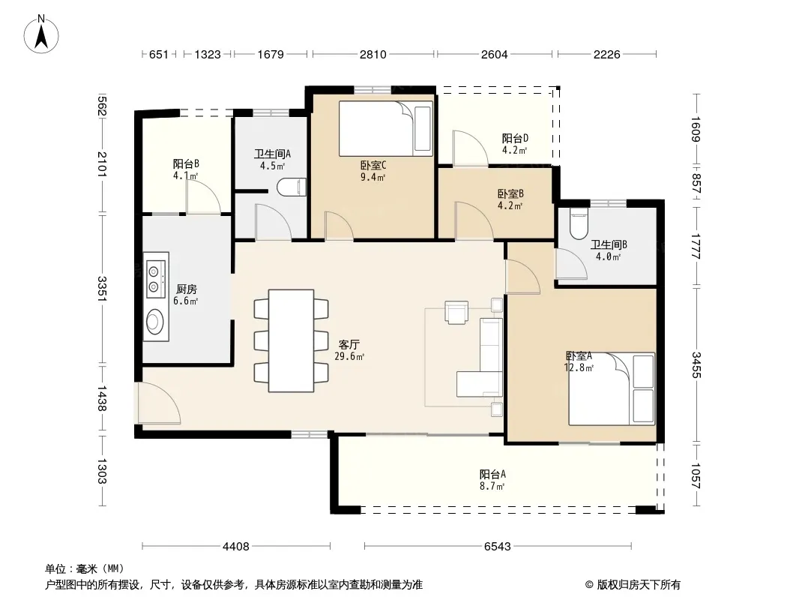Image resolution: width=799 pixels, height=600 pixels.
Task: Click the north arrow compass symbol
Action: tap(41, 34)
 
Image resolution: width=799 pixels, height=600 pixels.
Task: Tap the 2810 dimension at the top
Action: tap(373, 54)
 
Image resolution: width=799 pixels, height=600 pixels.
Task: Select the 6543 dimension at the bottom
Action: tap(498, 547)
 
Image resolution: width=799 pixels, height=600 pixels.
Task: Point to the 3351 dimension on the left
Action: tap(101, 289)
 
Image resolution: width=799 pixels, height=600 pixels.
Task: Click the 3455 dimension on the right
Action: tap(696, 365)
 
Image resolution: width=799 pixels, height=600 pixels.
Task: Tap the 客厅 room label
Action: tap(349, 344)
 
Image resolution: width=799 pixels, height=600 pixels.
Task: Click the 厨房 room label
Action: tap(187, 289)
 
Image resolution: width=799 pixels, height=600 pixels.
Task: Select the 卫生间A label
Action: tap(273, 154)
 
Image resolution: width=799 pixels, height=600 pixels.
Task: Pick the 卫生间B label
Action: tap(609, 244)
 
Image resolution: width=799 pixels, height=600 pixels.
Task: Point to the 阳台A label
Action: tap(492, 474)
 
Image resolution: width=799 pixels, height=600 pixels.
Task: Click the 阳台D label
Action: tap(515, 138)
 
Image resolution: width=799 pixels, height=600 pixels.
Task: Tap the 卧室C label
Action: tap(373, 165)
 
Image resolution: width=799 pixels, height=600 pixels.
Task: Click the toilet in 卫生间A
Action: tap(292, 187)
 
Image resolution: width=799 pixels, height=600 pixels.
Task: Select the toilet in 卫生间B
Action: tap(579, 223)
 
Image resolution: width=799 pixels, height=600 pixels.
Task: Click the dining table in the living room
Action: tap(291, 340)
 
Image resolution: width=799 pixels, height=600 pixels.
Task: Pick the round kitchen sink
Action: tap(154, 321)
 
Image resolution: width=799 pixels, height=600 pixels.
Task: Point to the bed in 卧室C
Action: tap(386, 128)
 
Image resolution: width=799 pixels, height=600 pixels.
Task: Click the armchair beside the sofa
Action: tap(456, 312)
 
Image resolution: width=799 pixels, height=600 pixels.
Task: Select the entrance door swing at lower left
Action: tap(158, 403)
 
